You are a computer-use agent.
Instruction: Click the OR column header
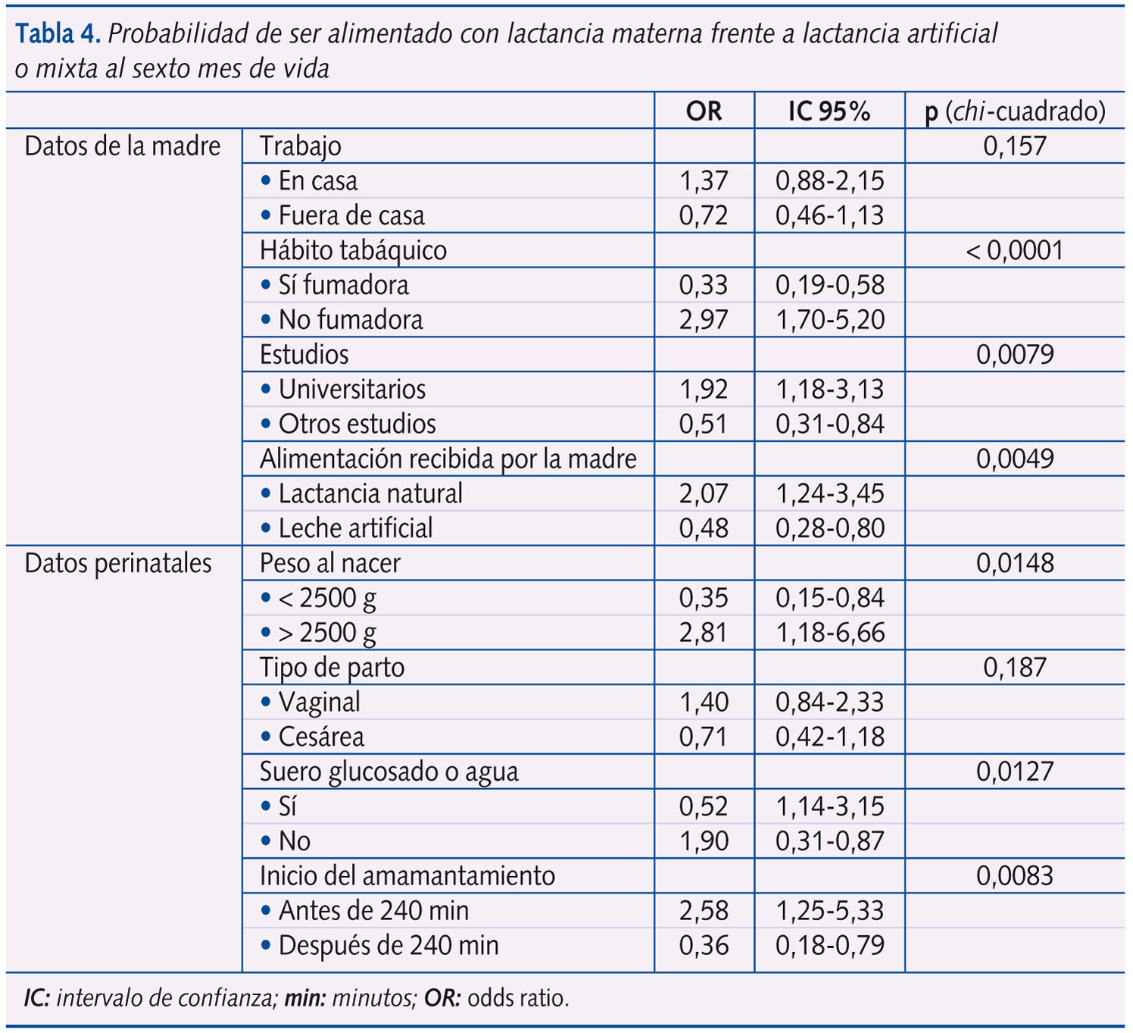(704, 111)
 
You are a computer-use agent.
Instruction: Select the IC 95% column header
(829, 111)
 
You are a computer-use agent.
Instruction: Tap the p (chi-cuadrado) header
(1015, 111)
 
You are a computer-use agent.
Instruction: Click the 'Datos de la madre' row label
(123, 146)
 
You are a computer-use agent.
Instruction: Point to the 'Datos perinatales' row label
(118, 563)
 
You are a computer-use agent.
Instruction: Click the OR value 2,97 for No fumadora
(704, 320)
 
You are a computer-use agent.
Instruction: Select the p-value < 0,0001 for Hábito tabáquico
(1015, 250)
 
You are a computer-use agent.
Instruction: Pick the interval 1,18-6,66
(829, 633)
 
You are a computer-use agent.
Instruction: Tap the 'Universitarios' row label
(352, 390)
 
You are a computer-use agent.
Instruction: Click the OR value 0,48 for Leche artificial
(704, 528)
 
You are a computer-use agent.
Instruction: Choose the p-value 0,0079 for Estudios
(1015, 355)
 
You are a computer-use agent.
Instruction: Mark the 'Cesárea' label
(321, 737)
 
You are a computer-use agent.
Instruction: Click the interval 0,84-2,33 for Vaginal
(829, 703)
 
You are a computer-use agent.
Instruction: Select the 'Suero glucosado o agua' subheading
(389, 772)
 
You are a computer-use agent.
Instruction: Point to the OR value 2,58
(704, 911)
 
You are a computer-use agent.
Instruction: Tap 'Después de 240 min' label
(389, 946)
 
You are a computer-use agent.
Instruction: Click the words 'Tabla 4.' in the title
(58, 33)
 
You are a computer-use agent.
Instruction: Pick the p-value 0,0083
(1015, 876)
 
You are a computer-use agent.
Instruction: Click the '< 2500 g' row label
(327, 599)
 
